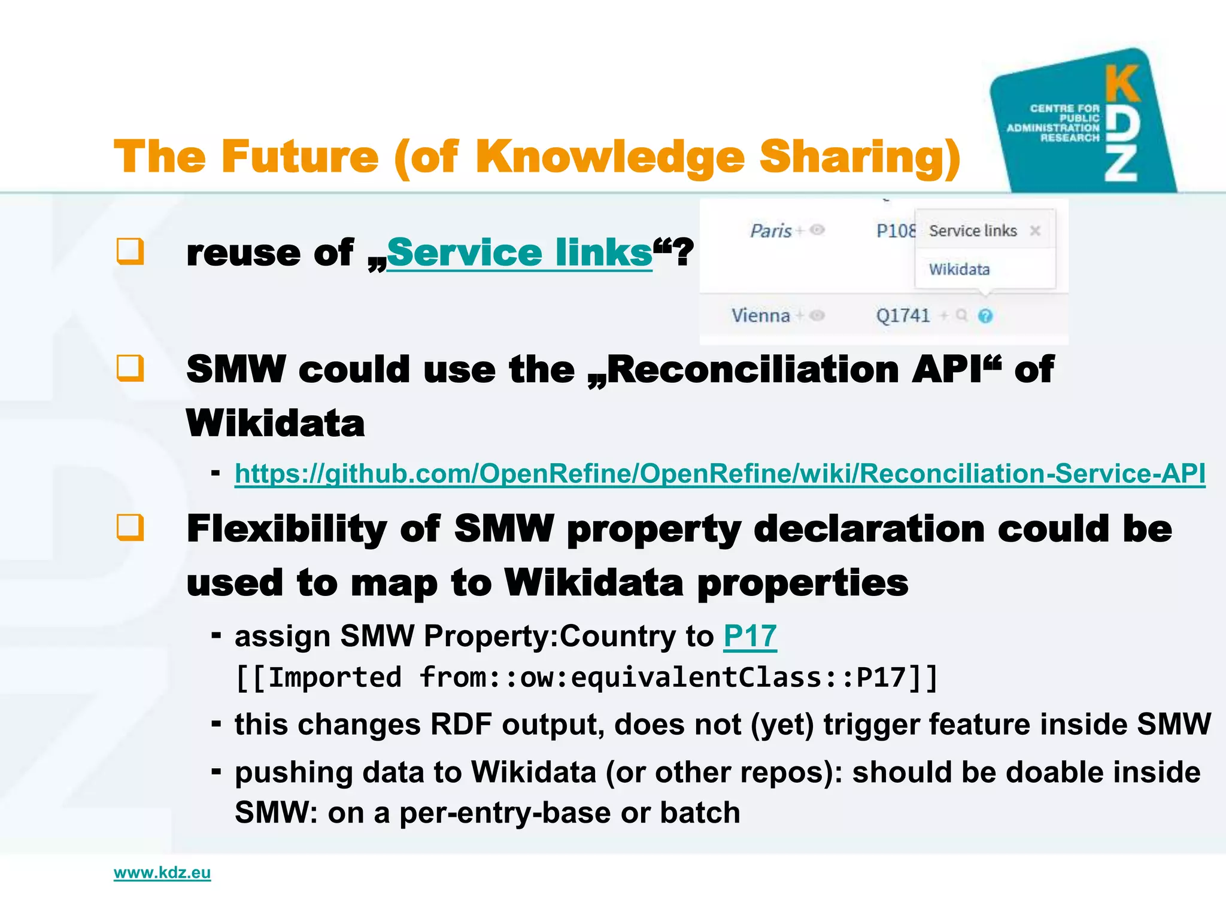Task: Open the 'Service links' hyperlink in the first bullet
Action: point(519,252)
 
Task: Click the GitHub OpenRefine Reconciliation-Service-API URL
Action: point(720,473)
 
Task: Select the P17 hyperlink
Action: point(749,635)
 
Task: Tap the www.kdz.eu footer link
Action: point(162,872)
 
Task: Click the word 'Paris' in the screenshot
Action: point(771,231)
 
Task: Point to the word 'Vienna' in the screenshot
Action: point(760,315)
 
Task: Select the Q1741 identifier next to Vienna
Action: point(903,315)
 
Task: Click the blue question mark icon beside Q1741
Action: point(985,316)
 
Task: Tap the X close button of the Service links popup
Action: point(1035,231)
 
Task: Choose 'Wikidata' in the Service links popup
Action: point(959,269)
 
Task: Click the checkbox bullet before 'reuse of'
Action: point(130,251)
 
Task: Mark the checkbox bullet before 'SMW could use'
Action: point(130,368)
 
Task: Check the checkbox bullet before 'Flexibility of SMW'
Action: point(130,528)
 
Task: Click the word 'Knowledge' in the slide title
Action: point(610,157)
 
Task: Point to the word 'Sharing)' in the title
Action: point(860,157)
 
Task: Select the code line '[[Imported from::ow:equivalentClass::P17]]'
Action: point(587,678)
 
